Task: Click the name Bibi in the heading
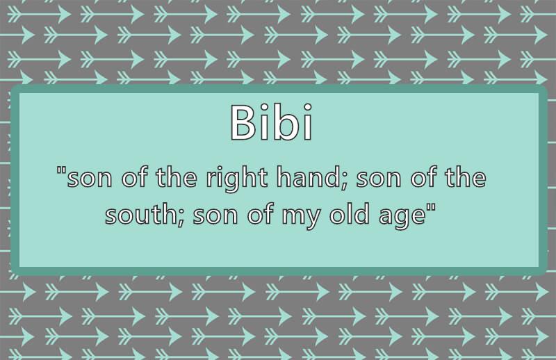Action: pyautogui.click(x=272, y=122)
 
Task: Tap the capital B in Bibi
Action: pyautogui.click(x=243, y=123)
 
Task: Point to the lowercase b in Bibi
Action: pyautogui.click(x=284, y=122)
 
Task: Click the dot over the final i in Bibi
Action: pyautogui.click(x=307, y=107)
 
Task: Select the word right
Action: pyautogui.click(x=237, y=179)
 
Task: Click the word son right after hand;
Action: pyautogui.click(x=378, y=179)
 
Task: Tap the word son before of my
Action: pyautogui.click(x=215, y=217)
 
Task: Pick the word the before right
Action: pyautogui.click(x=177, y=177)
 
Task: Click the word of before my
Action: pyautogui.click(x=261, y=214)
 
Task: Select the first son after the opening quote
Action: pyautogui.click(x=90, y=179)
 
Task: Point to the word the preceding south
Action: pyautogui.click(x=466, y=177)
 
